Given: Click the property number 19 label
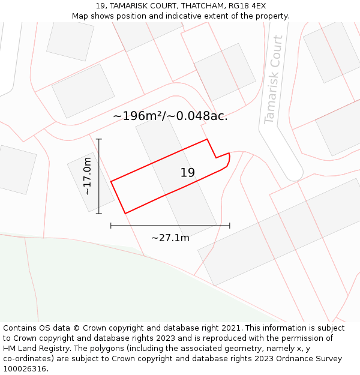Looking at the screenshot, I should [x=187, y=173].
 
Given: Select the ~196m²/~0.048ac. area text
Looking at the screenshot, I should [x=170, y=116].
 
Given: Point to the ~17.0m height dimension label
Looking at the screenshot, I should [x=88, y=176].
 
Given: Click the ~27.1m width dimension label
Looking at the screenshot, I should [x=170, y=238].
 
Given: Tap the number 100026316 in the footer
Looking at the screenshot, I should [x=25, y=369].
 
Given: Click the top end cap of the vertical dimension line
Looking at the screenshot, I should [x=99, y=139].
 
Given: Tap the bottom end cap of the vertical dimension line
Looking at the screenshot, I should [x=99, y=213].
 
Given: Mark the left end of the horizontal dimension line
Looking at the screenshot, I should [x=111, y=226].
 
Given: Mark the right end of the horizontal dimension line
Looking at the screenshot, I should [x=229, y=226].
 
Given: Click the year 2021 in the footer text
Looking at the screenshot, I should [x=232, y=328].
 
